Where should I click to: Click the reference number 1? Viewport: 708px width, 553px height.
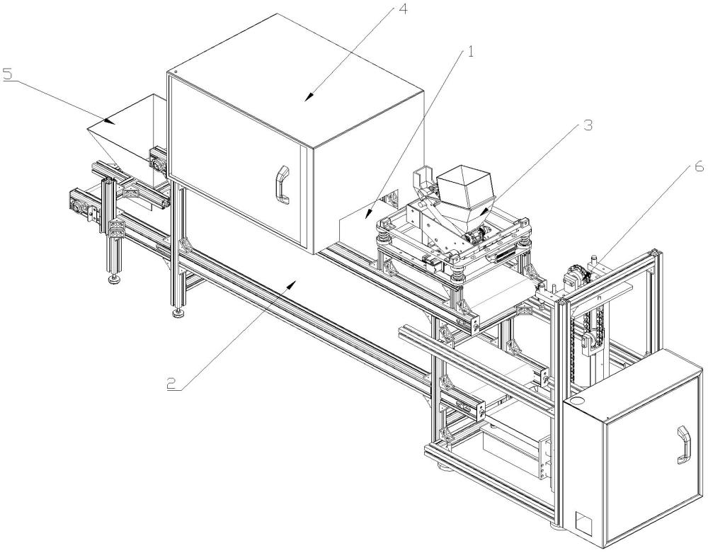pos(469,52)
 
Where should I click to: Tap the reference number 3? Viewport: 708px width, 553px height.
pos(588,125)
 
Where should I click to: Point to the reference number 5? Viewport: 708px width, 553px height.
pos(7,74)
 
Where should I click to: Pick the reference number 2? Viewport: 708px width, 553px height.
pos(171,384)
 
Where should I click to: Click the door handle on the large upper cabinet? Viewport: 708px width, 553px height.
pos(283,185)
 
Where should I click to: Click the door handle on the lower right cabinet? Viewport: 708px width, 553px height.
pos(683,445)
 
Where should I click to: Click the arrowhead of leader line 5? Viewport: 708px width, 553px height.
pos(108,120)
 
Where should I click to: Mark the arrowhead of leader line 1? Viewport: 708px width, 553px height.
pos(368,213)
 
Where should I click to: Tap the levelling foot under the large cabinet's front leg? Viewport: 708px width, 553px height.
pos(178,313)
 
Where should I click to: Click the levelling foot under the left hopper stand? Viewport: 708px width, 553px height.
pos(114,280)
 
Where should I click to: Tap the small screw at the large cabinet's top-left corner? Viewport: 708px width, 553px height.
pos(175,72)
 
